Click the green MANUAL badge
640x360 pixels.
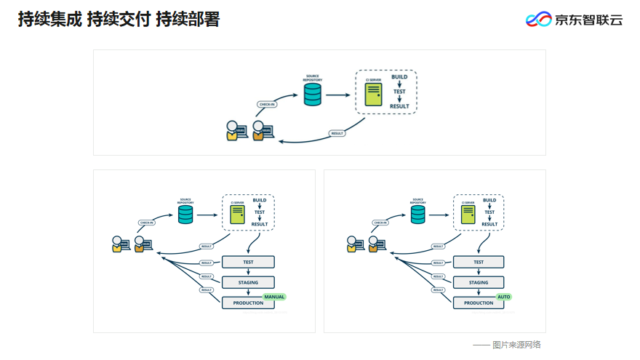[x=274, y=297]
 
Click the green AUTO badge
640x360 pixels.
[x=504, y=297]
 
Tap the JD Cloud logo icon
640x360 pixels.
[x=539, y=20]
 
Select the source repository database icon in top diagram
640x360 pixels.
[x=313, y=94]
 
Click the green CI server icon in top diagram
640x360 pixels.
[x=373, y=95]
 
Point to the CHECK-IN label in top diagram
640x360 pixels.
[x=267, y=104]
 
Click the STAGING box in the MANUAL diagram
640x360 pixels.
[x=248, y=282]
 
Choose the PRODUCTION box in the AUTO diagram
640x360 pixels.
[x=479, y=303]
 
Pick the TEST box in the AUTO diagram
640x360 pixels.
[x=479, y=262]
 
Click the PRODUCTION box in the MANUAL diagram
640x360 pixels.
[x=248, y=303]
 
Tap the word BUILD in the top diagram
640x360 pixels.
[x=399, y=76]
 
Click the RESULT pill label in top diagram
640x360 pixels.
[x=337, y=133]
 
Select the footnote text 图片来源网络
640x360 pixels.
[x=516, y=345]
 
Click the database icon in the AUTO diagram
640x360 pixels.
[x=417, y=215]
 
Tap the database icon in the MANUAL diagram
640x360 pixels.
[x=185, y=215]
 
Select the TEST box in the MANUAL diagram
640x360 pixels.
[x=248, y=262]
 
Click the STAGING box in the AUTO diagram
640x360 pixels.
[x=479, y=282]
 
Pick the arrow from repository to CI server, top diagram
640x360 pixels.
[x=337, y=95]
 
